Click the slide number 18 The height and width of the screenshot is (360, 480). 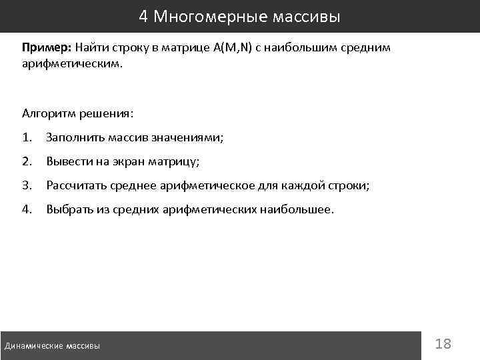(x=443, y=344)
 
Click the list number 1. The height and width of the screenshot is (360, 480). (x=27, y=137)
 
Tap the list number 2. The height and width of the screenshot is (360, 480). (x=27, y=161)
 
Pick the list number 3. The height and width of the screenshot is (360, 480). (x=27, y=185)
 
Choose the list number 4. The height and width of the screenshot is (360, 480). (x=27, y=209)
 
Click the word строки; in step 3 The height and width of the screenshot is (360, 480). (x=346, y=185)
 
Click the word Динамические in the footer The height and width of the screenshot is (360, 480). (x=33, y=346)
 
